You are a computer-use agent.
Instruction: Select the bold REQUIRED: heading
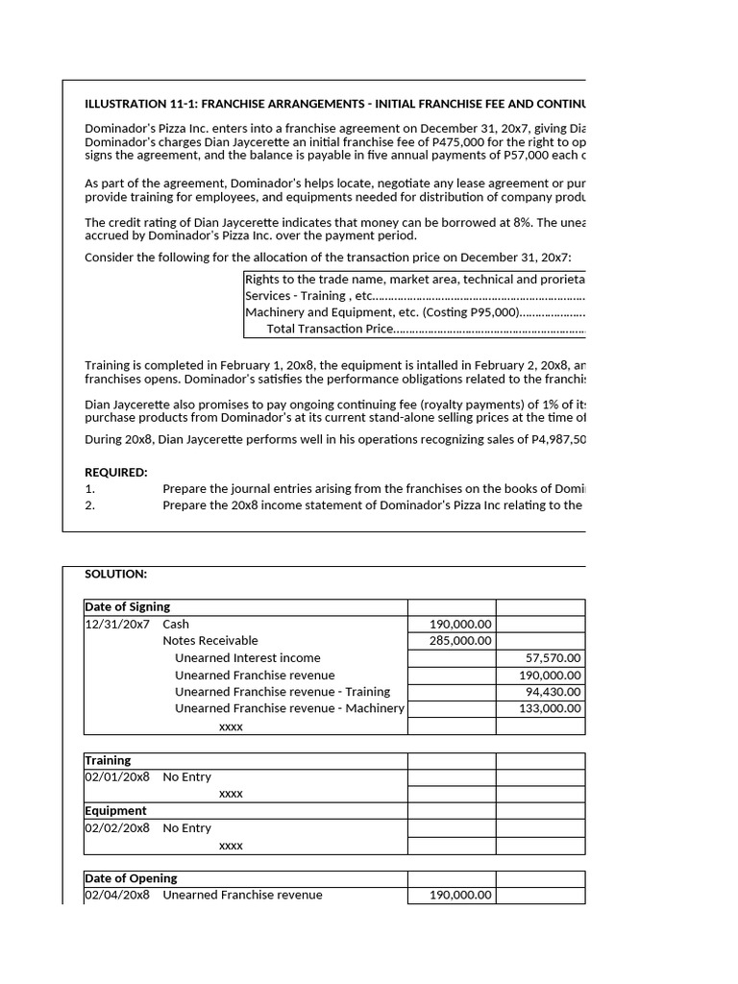(116, 472)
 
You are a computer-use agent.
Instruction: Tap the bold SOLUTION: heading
(115, 574)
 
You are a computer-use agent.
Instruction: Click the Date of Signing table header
(128, 606)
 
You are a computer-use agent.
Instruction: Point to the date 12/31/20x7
(117, 624)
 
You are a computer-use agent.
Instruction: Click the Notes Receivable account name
(210, 641)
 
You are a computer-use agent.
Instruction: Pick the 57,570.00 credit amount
(553, 658)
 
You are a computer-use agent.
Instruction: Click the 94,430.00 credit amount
(553, 692)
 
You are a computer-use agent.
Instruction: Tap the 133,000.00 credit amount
(550, 708)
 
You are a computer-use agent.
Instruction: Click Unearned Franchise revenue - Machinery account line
(289, 708)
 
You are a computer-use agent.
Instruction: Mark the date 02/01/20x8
(117, 776)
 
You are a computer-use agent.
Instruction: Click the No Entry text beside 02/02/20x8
(187, 827)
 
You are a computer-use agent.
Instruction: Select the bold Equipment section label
(115, 810)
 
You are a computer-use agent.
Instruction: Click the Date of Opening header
(131, 878)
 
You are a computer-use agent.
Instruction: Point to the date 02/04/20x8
(117, 895)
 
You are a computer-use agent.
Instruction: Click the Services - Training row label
(308, 296)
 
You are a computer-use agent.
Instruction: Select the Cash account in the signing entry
(176, 624)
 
